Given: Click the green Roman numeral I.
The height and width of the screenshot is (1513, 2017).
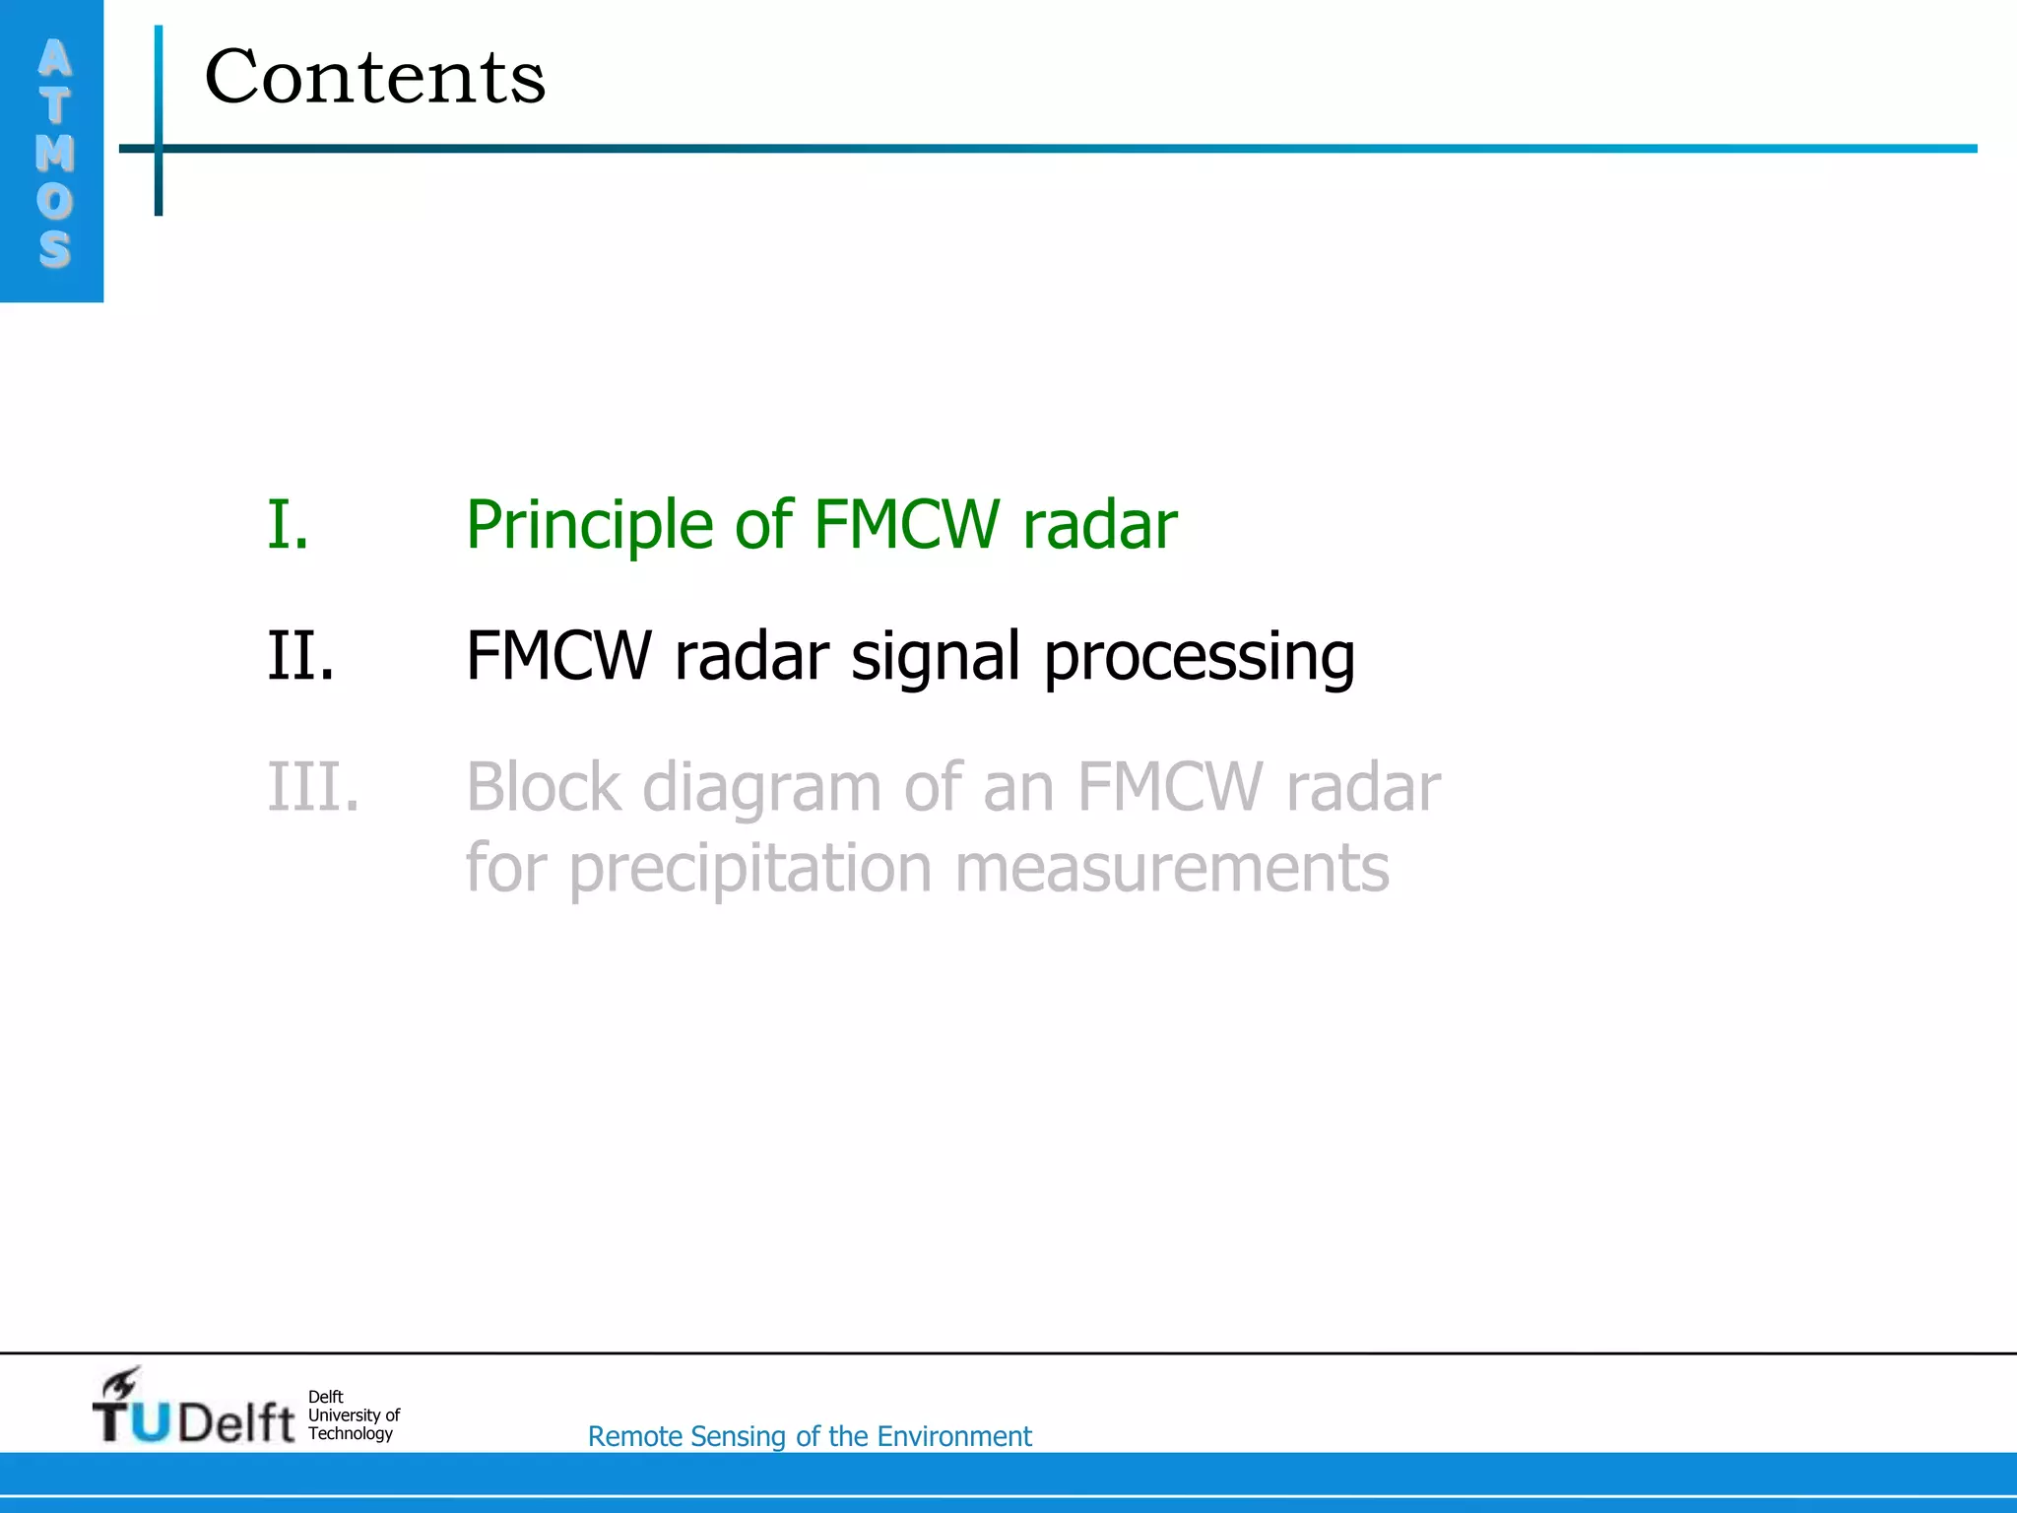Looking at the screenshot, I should pyautogui.click(x=289, y=524).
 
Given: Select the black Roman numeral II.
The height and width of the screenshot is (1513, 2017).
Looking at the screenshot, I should pyautogui.click(x=300, y=656).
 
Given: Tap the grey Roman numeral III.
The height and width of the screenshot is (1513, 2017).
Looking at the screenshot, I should pyautogui.click(x=313, y=787).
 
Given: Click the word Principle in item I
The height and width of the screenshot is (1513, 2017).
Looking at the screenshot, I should pyautogui.click(x=588, y=526).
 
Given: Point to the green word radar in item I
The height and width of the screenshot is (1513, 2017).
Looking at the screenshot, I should pyautogui.click(x=1099, y=524).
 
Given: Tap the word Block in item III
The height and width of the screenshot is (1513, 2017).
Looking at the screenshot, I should pyautogui.click(x=544, y=787).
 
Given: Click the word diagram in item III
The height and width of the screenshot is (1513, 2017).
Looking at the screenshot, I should pyautogui.click(x=761, y=789).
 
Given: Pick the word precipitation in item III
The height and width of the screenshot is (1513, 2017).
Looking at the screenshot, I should pyautogui.click(x=749, y=870).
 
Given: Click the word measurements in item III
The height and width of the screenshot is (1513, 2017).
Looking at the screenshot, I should pyautogui.click(x=1171, y=869).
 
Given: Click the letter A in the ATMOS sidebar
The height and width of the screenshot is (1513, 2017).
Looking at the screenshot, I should pyautogui.click(x=55, y=59).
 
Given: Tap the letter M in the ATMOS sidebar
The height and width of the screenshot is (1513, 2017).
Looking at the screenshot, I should pyautogui.click(x=55, y=153).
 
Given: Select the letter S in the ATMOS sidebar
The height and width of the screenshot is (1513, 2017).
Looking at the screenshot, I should pyautogui.click(x=55, y=248).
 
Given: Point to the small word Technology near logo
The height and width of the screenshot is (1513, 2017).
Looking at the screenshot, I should pyautogui.click(x=350, y=1434).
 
